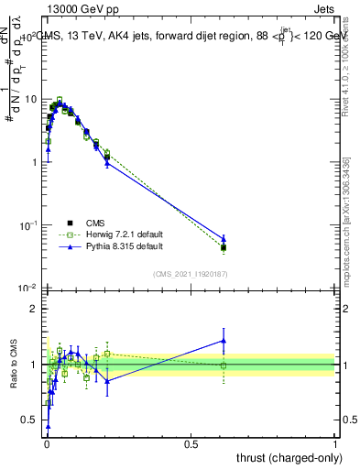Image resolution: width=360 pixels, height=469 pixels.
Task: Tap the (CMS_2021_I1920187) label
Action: (x=191, y=274)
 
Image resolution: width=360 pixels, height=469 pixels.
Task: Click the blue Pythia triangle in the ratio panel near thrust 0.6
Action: (x=224, y=341)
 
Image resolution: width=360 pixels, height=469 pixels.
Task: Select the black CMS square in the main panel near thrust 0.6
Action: (x=224, y=247)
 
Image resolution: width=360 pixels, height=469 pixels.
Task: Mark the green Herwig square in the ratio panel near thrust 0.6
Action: (x=224, y=365)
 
